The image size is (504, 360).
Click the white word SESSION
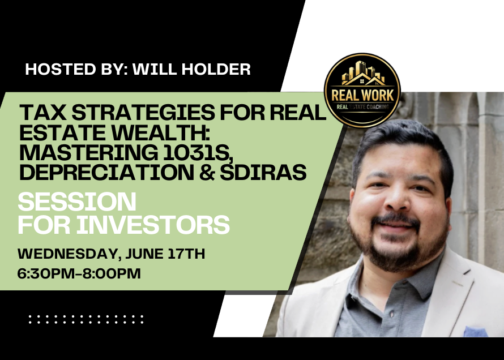click(77, 202)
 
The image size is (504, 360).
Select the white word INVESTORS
click(152, 225)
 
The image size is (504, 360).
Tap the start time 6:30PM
click(46, 273)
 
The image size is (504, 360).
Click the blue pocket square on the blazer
click(475, 332)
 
